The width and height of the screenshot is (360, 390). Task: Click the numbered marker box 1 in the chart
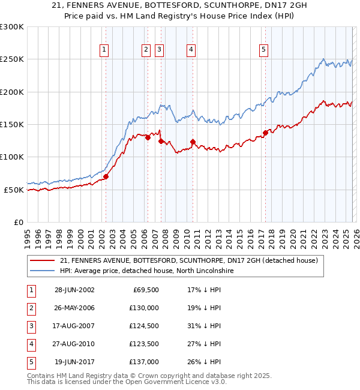(x=105, y=50)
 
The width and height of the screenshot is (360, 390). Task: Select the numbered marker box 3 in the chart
(x=160, y=50)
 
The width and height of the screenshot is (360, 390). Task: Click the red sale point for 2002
(x=106, y=177)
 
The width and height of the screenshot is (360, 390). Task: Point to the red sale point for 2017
(x=265, y=133)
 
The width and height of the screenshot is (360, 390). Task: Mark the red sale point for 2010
(x=193, y=142)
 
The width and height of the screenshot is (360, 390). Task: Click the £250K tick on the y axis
(x=12, y=59)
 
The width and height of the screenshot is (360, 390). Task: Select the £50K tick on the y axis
(x=14, y=190)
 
